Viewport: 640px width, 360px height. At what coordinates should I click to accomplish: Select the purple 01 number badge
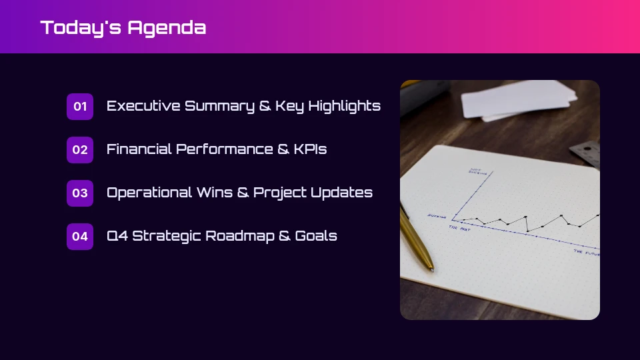[80, 107]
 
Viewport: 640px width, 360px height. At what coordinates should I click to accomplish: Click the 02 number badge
[80, 150]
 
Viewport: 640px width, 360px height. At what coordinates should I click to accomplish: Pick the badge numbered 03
[80, 193]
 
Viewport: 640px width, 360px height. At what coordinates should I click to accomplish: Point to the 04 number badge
[80, 237]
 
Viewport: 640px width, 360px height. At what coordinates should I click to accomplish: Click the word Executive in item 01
[143, 106]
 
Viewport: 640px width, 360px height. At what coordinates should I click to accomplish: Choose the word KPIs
[310, 149]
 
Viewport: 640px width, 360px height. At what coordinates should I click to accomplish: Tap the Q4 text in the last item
[117, 236]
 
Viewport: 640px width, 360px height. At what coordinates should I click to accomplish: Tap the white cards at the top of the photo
[520, 100]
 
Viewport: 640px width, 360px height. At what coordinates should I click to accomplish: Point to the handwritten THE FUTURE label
[587, 253]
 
